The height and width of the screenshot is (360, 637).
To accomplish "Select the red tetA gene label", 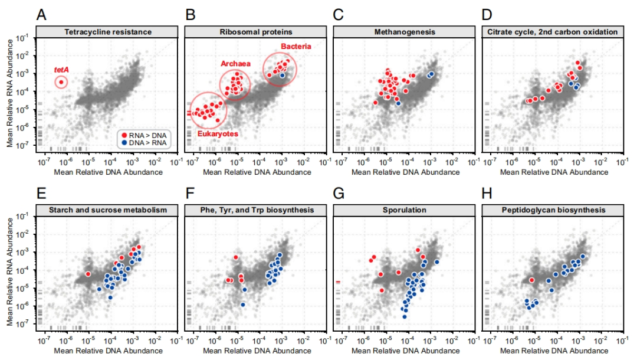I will coord(61,69).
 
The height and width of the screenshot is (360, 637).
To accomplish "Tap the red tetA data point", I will coord(61,82).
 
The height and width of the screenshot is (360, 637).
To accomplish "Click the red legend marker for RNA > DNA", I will coord(124,135).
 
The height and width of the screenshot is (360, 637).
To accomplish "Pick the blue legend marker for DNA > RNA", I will coord(124,143).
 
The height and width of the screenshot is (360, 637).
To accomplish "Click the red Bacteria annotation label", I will coord(295,46).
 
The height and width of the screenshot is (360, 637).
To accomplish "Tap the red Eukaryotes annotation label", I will coord(218,134).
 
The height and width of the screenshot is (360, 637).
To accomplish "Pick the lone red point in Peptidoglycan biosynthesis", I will coord(531,280).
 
